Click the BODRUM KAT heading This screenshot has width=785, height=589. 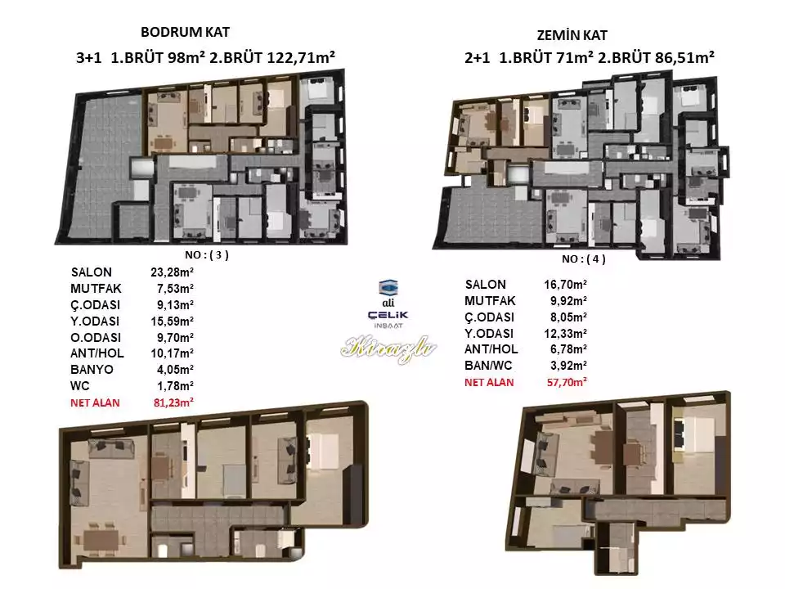(185, 32)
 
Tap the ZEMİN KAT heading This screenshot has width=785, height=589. (572, 35)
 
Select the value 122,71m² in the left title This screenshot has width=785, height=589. (301, 57)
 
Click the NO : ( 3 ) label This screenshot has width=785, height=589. (207, 255)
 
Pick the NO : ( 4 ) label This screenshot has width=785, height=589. (583, 259)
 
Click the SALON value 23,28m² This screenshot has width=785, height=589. (173, 272)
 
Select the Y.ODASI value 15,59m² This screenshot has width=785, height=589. (173, 321)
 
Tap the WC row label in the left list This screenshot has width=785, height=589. (80, 386)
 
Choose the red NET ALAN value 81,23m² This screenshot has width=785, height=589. (173, 402)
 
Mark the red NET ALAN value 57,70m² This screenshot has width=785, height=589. (567, 382)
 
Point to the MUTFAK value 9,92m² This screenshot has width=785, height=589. (568, 301)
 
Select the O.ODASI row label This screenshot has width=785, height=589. (96, 337)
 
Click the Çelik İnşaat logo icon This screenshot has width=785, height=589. (388, 287)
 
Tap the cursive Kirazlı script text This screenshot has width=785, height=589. (388, 348)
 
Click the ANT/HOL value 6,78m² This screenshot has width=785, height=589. (568, 349)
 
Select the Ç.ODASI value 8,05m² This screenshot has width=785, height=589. (568, 317)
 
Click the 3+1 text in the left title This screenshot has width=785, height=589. (88, 58)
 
